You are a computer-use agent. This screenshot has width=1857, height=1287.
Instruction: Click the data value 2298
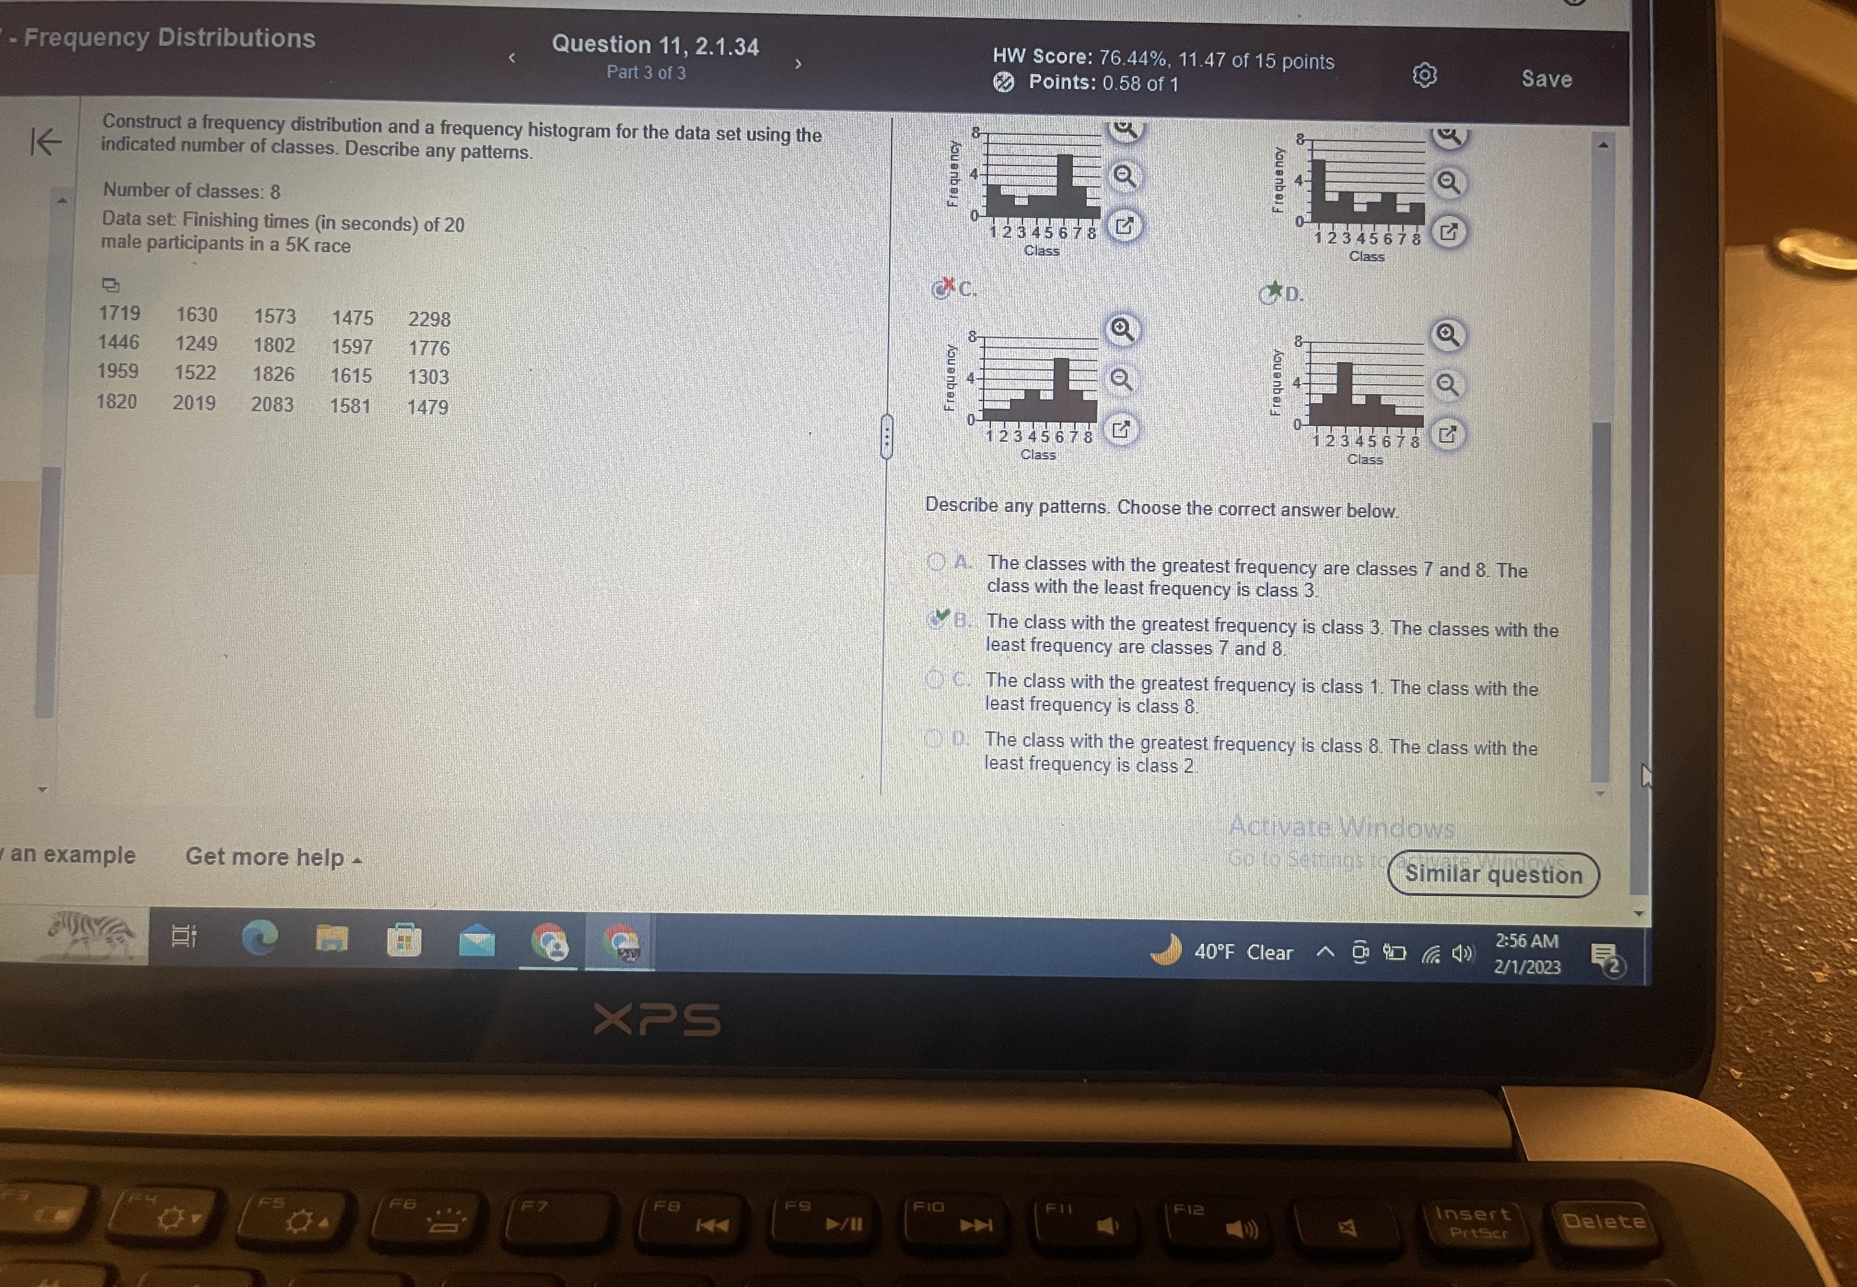click(x=429, y=319)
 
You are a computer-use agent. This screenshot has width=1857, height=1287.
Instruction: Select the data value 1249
click(x=196, y=344)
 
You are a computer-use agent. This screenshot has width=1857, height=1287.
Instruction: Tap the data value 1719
click(x=119, y=313)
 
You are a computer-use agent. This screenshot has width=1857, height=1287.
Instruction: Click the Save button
click(x=1546, y=79)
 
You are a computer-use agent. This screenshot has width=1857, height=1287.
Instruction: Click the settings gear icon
click(x=1424, y=76)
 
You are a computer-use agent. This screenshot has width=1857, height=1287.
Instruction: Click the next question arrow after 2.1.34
click(x=798, y=64)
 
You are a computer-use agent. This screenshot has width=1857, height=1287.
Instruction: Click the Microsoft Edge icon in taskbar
click(x=260, y=938)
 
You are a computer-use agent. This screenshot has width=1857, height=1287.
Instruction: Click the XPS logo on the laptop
click(x=657, y=1020)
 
